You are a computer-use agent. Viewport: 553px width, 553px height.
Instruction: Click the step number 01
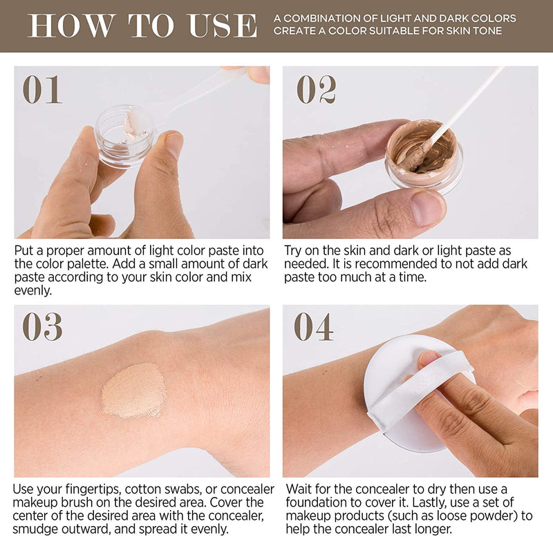coord(42,90)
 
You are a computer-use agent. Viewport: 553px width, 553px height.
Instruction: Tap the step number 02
coord(317,90)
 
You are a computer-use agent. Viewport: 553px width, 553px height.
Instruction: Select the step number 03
coord(42,326)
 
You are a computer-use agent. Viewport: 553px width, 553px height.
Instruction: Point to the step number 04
coord(314,326)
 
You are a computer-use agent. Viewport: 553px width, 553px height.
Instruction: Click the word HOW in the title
coord(72,26)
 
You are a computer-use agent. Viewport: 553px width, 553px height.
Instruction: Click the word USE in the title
coord(223,26)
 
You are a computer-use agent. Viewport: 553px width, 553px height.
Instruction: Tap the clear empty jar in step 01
coord(125,135)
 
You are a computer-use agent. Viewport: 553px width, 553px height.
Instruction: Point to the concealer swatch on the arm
coord(133,391)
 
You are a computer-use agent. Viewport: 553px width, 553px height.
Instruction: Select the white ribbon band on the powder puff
coord(420,391)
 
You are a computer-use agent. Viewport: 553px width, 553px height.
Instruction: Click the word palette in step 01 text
coord(91,264)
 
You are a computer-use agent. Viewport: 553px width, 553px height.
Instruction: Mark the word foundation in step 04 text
coord(317,503)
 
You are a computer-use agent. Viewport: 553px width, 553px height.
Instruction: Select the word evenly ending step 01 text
coord(32,290)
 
